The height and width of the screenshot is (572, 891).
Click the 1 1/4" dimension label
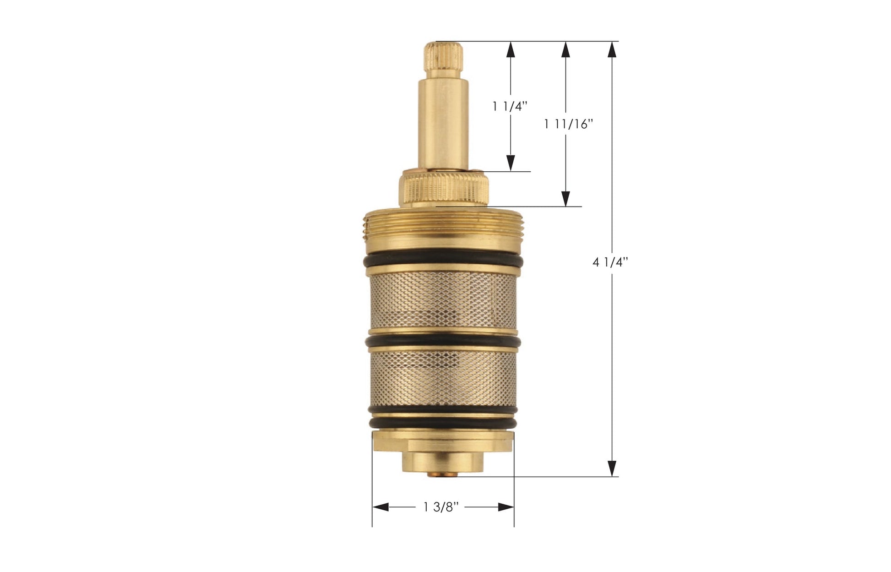510,107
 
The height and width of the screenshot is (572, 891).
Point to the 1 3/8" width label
440,507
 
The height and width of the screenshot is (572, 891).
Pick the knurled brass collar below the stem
444,189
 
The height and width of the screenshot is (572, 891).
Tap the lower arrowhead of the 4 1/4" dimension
611,468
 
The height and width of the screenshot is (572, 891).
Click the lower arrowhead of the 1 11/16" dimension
566,198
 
